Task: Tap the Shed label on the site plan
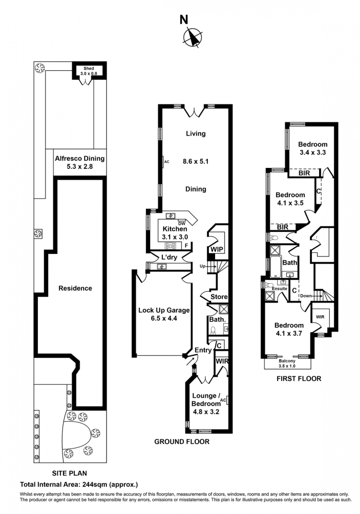click(x=89, y=68)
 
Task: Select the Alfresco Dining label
click(x=80, y=162)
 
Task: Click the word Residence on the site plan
click(x=75, y=288)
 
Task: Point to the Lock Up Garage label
click(x=164, y=314)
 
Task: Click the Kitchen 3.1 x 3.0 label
click(x=175, y=233)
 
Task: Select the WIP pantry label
click(x=217, y=249)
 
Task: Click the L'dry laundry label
click(x=169, y=257)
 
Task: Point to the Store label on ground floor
click(x=219, y=297)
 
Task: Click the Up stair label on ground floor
click(x=202, y=266)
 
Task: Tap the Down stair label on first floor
click(x=306, y=296)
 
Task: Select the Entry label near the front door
click(x=203, y=350)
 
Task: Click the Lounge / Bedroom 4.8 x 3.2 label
click(x=206, y=404)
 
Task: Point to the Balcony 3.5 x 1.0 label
click(x=287, y=363)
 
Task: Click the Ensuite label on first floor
click(x=279, y=289)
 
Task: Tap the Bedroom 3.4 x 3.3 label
click(x=312, y=148)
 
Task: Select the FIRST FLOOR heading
click(x=299, y=379)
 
